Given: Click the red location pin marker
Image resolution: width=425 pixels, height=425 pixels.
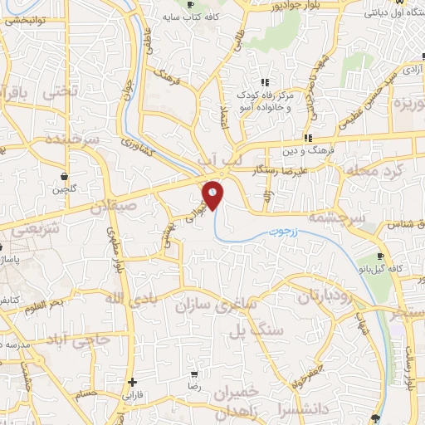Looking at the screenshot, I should (212, 193).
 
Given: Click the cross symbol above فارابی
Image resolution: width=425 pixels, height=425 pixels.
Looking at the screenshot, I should (132, 382).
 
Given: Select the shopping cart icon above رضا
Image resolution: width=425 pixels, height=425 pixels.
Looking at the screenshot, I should (193, 375).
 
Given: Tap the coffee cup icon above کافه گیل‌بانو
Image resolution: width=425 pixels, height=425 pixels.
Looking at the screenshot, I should (380, 256).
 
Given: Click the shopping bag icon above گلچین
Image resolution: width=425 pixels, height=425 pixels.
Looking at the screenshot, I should (64, 176).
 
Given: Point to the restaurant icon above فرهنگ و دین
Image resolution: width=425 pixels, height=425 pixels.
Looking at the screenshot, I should (307, 138).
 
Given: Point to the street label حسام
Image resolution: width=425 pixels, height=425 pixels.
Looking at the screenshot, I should (86, 394).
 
